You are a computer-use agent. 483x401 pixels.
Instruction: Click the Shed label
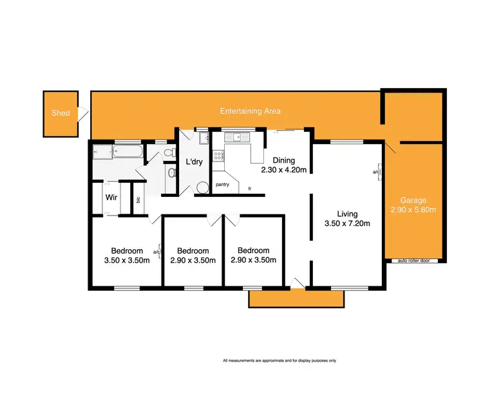(x=61, y=113)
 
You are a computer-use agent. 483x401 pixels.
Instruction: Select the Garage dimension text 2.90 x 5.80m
(x=413, y=210)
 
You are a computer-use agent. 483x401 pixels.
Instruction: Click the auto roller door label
(x=418, y=261)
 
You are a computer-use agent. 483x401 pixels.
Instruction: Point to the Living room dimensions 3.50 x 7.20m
(x=348, y=225)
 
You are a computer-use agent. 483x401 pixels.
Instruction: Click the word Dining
(x=283, y=161)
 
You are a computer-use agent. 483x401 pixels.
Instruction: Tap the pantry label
(x=223, y=185)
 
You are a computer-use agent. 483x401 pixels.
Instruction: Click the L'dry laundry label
(x=194, y=162)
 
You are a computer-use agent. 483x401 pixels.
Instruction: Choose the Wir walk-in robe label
(x=111, y=197)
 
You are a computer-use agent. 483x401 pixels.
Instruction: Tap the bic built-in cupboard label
(x=138, y=200)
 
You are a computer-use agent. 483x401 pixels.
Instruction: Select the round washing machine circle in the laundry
(x=202, y=187)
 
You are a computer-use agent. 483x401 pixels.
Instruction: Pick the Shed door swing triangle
(x=82, y=115)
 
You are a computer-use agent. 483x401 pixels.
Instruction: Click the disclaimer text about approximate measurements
(x=279, y=360)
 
